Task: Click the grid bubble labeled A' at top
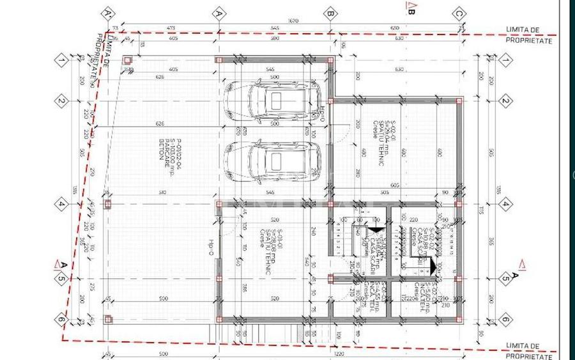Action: tap(107, 13)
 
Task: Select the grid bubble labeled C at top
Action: tap(458, 13)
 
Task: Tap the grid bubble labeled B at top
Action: tap(330, 13)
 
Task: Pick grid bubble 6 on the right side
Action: tap(504, 319)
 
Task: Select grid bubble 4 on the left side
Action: tap(62, 205)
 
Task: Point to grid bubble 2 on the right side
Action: tap(504, 101)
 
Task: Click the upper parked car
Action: tap(271, 100)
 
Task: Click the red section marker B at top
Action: tap(410, 8)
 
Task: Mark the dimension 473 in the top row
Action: tap(171, 28)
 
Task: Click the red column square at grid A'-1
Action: tap(107, 60)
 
